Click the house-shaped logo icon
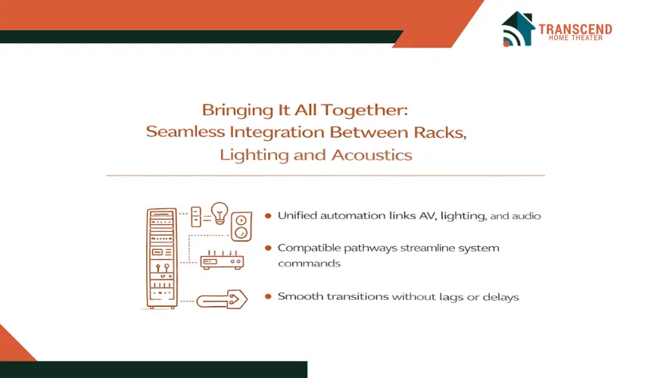pos(518,29)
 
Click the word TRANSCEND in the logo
pos(575,29)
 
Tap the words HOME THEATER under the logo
pos(575,38)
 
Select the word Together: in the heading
pos(365,110)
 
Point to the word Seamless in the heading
pos(185,132)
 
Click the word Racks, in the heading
pos(440,133)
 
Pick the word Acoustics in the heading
pos(372,155)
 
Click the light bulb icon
pos(220,213)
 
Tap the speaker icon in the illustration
pos(241,226)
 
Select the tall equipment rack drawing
pos(162,258)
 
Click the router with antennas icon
pos(222,261)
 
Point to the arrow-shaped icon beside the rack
pos(222,299)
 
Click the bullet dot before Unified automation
pos(268,216)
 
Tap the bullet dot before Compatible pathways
pos(268,248)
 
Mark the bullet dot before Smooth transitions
pos(268,297)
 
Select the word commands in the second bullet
pos(310,264)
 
